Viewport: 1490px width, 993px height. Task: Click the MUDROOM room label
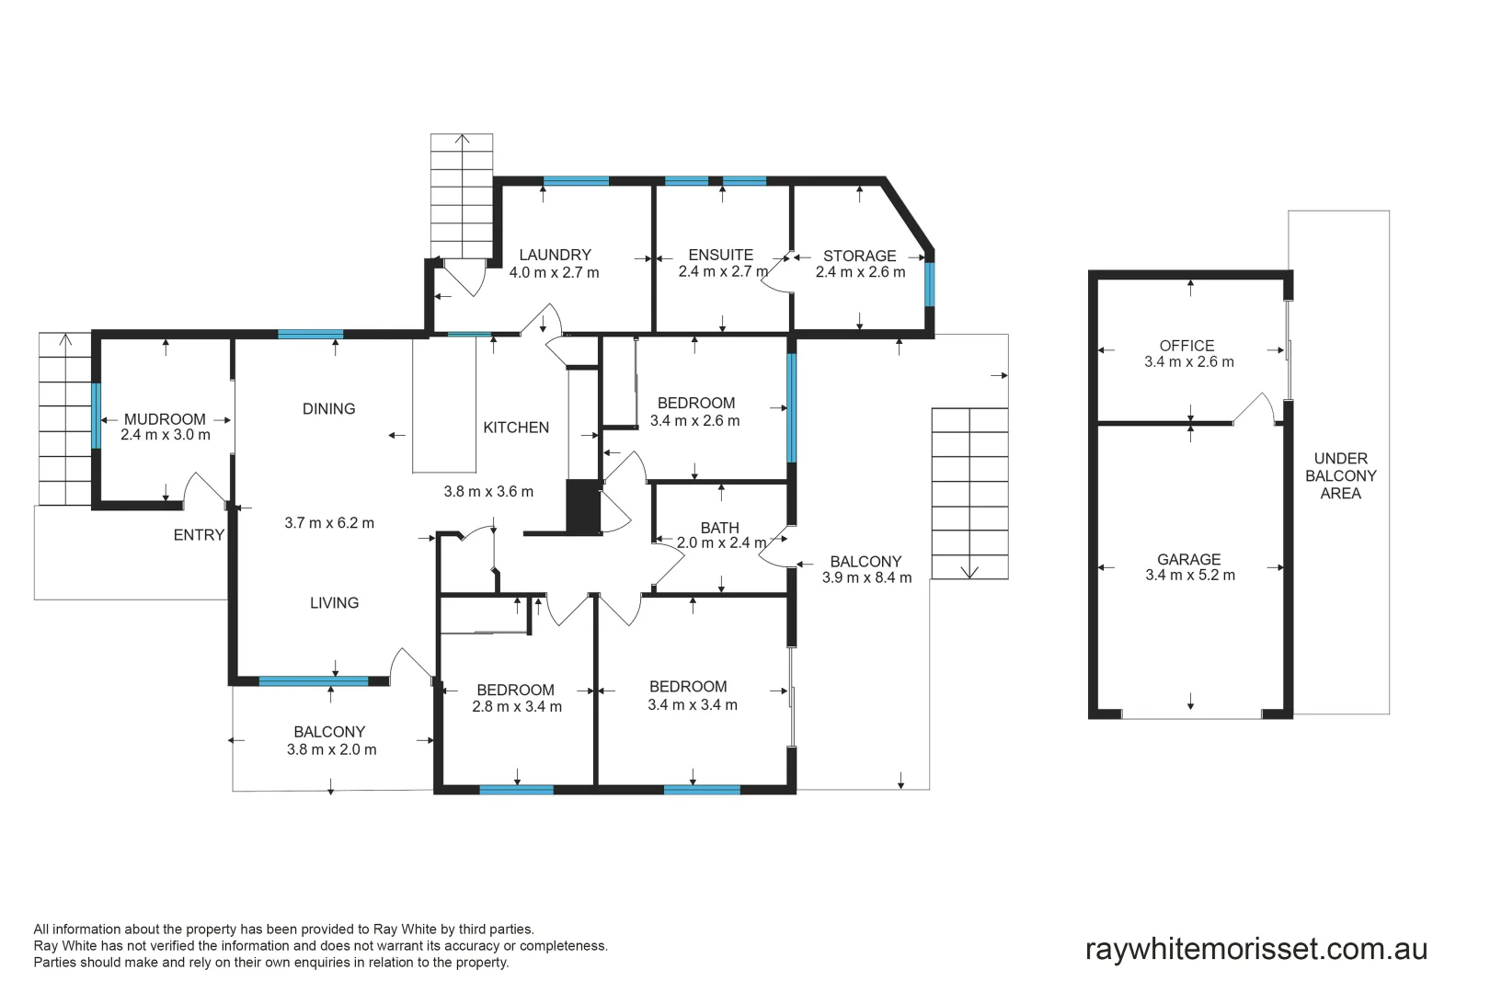click(165, 419)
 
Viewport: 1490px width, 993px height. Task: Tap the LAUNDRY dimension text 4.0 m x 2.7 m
click(554, 272)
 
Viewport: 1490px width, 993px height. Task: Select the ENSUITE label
click(721, 255)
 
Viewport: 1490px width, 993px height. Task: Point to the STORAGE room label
click(859, 256)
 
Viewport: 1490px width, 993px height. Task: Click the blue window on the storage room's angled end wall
click(930, 284)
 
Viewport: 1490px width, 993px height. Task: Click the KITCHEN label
click(516, 428)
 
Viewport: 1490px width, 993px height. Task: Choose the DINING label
click(328, 409)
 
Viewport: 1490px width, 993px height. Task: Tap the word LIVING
click(334, 603)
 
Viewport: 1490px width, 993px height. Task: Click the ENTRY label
click(199, 535)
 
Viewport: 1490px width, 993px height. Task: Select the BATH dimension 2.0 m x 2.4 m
click(721, 543)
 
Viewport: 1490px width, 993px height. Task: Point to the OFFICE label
click(1186, 346)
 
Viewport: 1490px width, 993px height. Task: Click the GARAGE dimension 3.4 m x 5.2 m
click(1189, 576)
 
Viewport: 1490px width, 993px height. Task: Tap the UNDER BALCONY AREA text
click(1340, 475)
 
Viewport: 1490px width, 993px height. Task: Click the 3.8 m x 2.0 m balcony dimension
click(331, 749)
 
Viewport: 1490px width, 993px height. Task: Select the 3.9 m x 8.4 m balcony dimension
click(866, 577)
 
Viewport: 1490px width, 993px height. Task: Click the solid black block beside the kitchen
click(582, 507)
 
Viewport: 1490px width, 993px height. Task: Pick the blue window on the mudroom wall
click(96, 416)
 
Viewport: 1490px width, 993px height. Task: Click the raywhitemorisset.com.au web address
click(1256, 949)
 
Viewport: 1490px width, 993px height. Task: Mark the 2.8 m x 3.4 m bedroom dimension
click(516, 707)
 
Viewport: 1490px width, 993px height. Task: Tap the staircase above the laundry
click(462, 197)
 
